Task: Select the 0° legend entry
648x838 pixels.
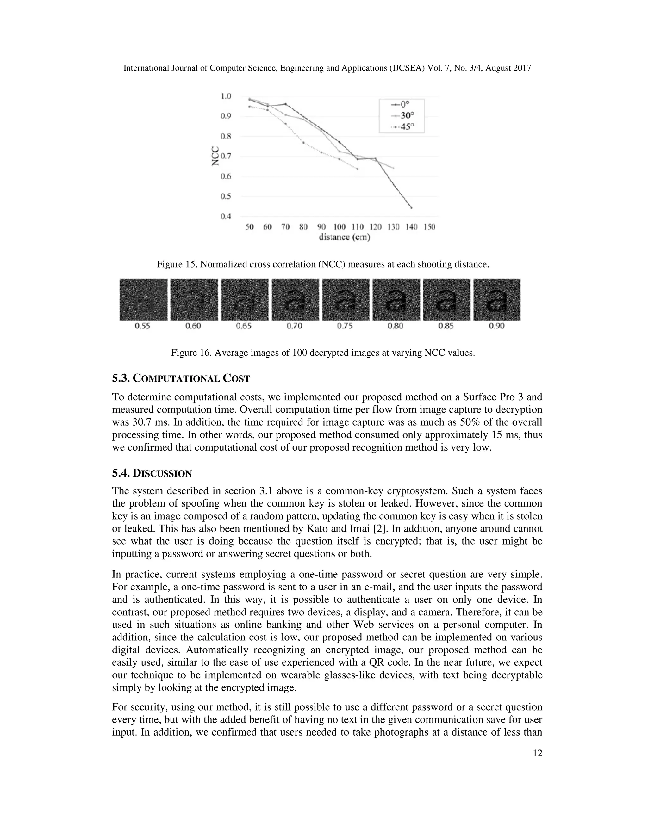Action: click(401, 104)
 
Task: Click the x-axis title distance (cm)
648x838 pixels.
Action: click(344, 237)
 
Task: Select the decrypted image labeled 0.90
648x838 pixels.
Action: click(497, 300)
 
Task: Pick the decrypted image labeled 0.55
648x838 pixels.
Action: click(144, 300)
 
